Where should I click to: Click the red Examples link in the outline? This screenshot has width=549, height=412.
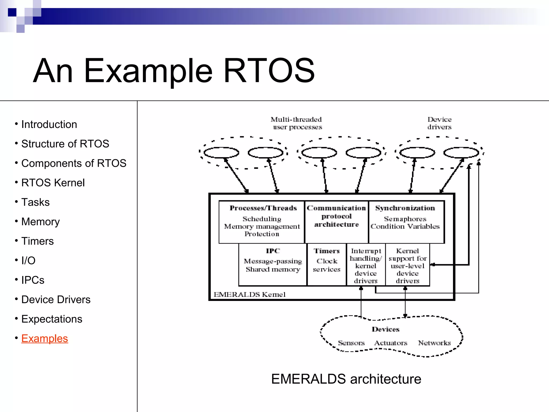click(44, 339)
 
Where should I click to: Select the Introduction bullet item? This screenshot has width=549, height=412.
click(49, 124)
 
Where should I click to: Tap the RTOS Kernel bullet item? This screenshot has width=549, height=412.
click(53, 183)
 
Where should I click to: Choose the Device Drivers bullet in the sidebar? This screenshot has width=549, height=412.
click(56, 300)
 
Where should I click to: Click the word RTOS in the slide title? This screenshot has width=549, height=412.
click(269, 71)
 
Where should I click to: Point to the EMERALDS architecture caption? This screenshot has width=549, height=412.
click(346, 379)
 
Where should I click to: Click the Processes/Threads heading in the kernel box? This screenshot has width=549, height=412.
click(263, 208)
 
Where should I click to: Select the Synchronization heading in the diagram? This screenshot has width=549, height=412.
click(405, 208)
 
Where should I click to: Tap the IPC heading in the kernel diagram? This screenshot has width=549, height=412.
click(273, 251)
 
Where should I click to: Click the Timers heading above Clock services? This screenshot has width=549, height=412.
click(327, 251)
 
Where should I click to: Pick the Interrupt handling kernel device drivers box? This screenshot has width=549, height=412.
click(366, 266)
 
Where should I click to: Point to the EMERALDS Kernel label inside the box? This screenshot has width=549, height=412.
click(250, 295)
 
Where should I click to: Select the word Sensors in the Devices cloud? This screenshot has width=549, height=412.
click(351, 343)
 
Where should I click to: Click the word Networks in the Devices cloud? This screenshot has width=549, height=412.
click(434, 343)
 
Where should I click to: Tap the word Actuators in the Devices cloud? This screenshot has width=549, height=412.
click(391, 343)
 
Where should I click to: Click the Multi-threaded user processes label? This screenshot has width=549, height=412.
click(296, 123)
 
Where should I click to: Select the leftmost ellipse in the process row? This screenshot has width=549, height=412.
click(221, 153)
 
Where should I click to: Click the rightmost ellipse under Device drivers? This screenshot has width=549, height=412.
click(461, 153)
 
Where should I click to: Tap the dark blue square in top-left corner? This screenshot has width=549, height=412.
click(12, 12)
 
